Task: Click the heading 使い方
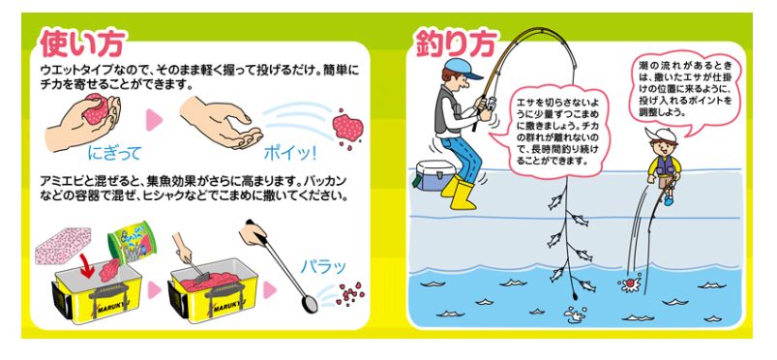point(81,44)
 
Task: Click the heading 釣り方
point(455,45)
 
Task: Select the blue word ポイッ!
point(290,154)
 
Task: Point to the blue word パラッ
point(323,267)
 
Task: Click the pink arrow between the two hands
point(155,120)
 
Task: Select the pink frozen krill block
point(63,245)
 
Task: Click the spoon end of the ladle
point(310,305)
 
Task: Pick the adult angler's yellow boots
point(460,192)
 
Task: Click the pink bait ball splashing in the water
point(629,284)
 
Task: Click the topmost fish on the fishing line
point(554,202)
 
